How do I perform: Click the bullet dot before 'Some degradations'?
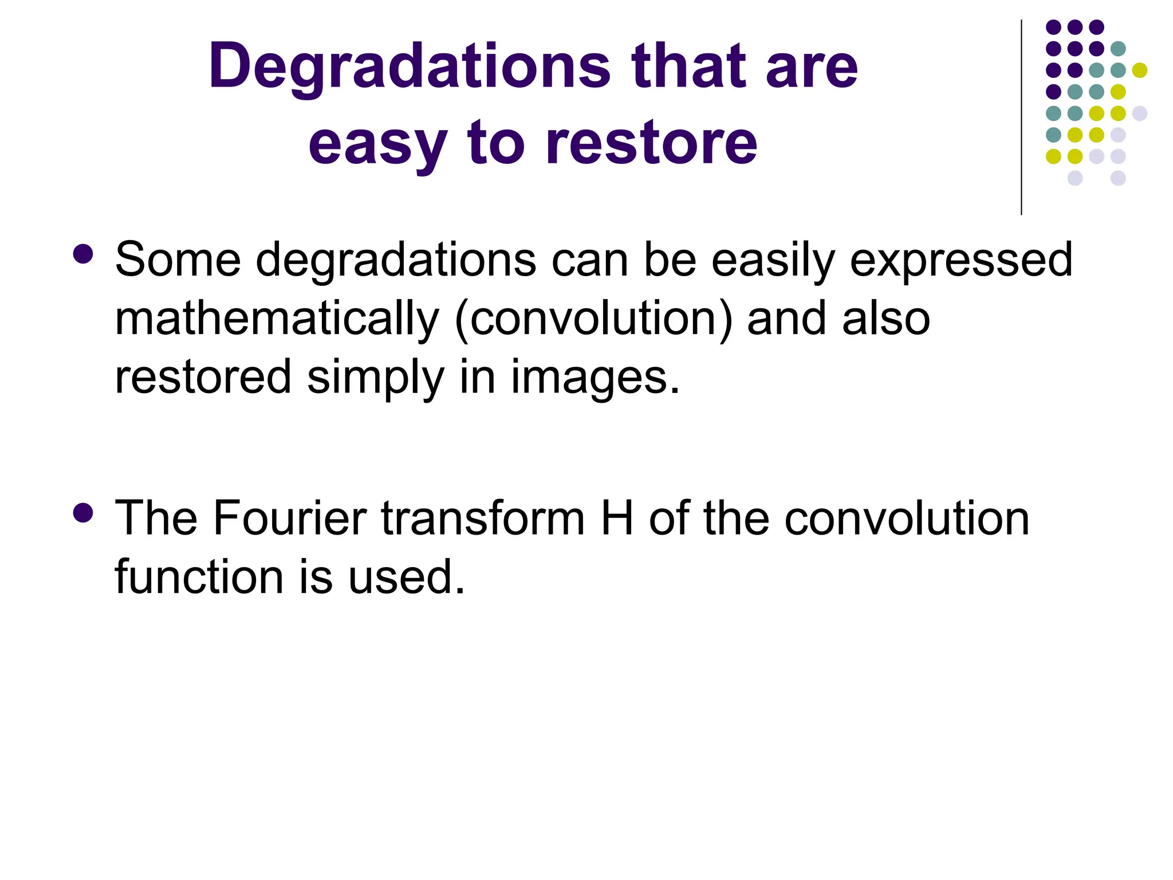[x=84, y=254]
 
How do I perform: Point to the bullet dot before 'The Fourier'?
[x=84, y=513]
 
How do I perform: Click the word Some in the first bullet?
[x=178, y=260]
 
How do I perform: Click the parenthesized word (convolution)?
[x=594, y=319]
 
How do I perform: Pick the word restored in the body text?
[x=203, y=377]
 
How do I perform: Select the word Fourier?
[x=290, y=518]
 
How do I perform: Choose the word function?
[x=199, y=577]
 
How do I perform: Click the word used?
[x=406, y=577]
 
